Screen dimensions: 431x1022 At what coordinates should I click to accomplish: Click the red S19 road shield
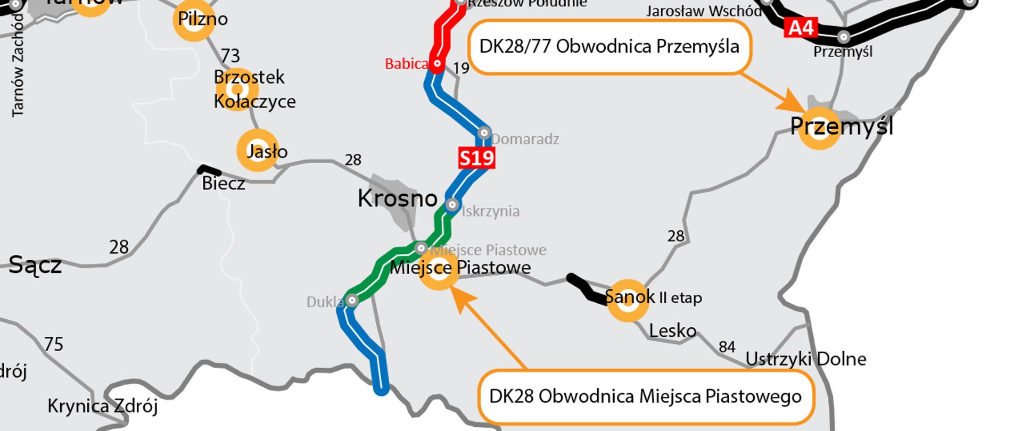(476, 158)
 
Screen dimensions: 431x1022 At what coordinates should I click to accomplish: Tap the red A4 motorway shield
(801, 27)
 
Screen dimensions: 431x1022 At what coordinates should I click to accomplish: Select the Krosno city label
(397, 198)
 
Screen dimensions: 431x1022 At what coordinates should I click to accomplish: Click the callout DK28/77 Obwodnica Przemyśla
(609, 47)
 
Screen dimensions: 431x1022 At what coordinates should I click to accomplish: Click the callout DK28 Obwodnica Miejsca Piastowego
(645, 396)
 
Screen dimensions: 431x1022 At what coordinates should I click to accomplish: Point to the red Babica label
(406, 64)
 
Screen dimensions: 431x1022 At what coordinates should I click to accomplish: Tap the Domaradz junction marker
(484, 132)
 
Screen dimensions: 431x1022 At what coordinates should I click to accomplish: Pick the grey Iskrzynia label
(490, 211)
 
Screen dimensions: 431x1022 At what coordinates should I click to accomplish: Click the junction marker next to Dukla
(352, 301)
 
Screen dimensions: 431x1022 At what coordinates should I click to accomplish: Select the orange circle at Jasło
(258, 150)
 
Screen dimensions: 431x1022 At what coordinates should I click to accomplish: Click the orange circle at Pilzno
(194, 20)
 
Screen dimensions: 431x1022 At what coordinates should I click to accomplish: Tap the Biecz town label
(224, 184)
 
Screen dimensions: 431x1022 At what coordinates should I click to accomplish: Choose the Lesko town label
(672, 331)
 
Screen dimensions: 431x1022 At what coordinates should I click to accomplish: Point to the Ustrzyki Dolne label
(805, 359)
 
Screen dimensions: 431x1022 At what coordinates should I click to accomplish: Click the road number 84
(727, 347)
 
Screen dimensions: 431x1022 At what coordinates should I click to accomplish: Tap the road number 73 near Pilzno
(230, 55)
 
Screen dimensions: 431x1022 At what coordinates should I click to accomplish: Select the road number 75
(54, 344)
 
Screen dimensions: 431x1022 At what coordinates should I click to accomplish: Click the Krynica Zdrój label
(102, 407)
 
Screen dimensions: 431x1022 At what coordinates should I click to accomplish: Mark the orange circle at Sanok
(628, 301)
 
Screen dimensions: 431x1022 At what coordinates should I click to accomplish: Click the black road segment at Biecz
(209, 171)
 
